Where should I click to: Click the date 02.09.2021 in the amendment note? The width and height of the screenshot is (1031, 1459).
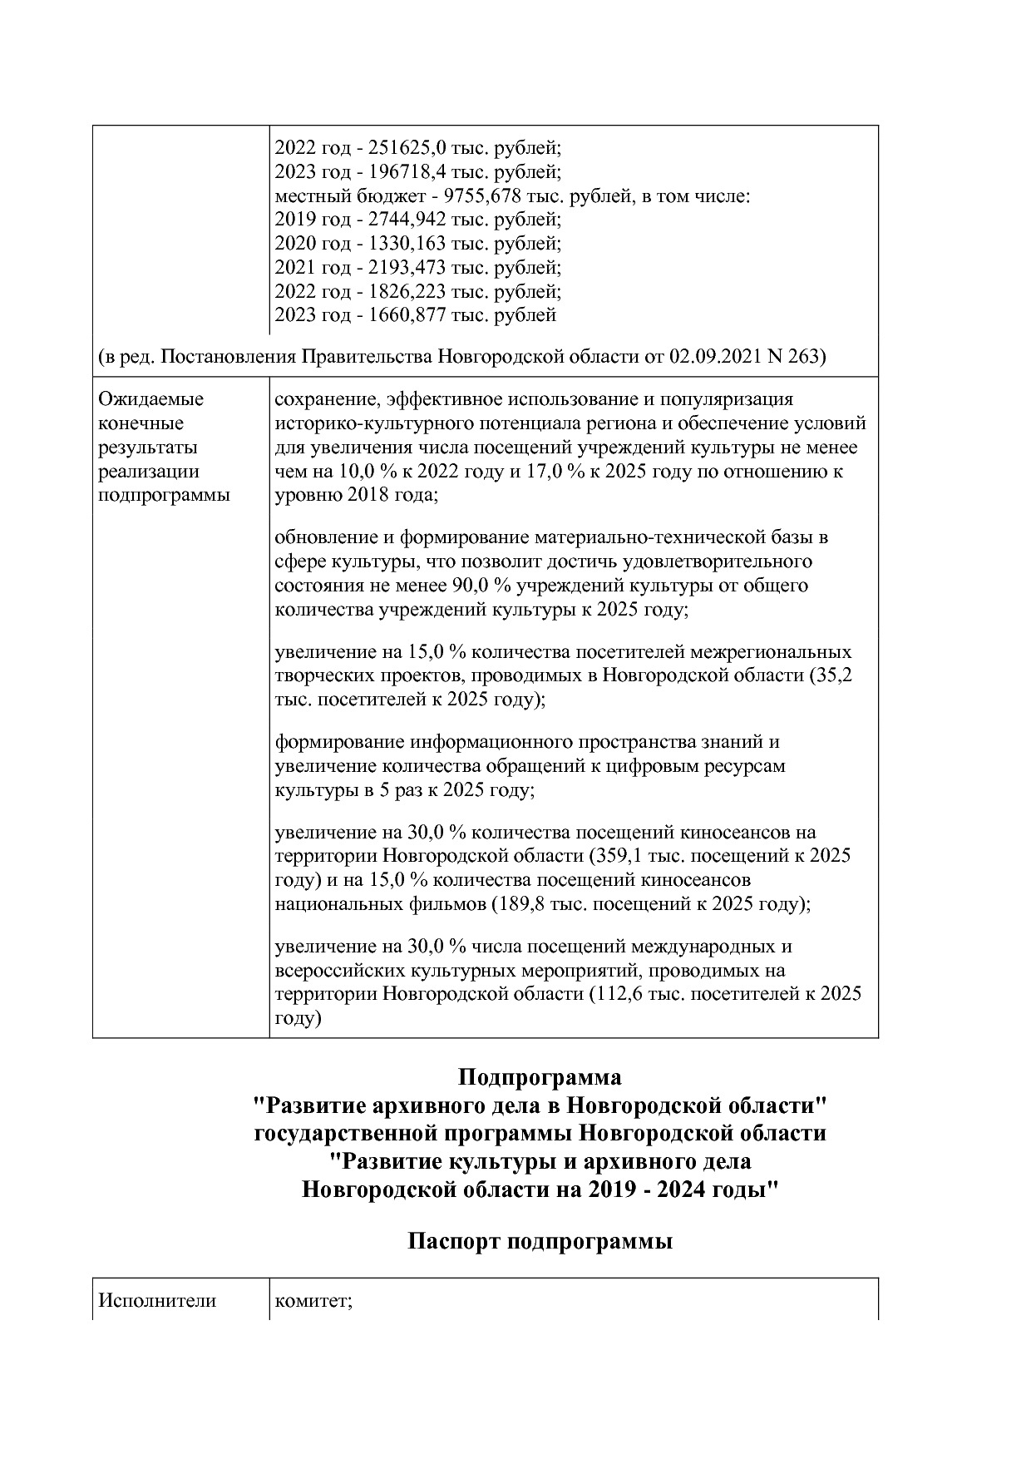[x=713, y=357]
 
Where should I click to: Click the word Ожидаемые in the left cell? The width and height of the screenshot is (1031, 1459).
[x=150, y=399]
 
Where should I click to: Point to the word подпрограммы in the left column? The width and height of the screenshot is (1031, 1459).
[x=164, y=496]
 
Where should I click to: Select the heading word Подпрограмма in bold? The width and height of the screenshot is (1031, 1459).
[x=540, y=1078]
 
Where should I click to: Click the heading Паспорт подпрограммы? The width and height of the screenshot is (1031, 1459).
[x=540, y=1243]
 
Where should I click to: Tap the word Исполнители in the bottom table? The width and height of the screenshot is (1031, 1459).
[x=157, y=1301]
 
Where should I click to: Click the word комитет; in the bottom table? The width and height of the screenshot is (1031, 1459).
[x=313, y=1302]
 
